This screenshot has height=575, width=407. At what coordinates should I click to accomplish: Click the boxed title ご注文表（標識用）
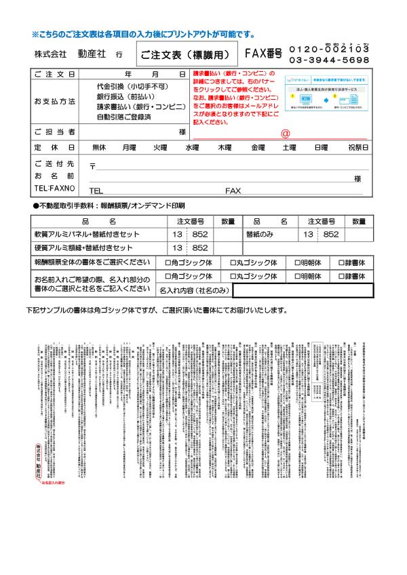tap(187, 52)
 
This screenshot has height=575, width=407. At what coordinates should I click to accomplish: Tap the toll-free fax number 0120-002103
tap(329, 49)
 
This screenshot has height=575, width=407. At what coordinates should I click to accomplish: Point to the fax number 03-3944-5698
tap(329, 60)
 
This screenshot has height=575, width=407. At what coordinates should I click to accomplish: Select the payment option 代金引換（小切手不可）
tap(132, 87)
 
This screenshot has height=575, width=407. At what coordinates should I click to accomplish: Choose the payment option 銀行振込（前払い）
tap(125, 97)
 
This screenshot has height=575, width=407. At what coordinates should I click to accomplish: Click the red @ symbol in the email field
tap(285, 134)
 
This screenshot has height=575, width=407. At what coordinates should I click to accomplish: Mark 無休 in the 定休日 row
tap(99, 147)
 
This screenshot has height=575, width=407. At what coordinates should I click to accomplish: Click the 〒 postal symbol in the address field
tap(92, 166)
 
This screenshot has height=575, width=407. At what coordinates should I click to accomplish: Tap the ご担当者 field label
tap(54, 132)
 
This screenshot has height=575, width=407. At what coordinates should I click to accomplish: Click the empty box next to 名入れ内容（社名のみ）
tap(302, 290)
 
